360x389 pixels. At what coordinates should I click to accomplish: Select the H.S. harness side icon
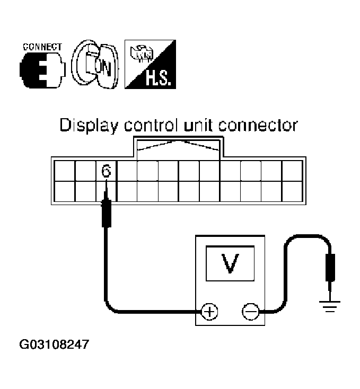coord(148,65)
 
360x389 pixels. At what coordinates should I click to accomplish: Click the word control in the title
coord(149,126)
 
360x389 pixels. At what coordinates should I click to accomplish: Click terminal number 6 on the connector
coord(106,171)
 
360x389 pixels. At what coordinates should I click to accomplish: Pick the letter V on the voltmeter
coord(229,263)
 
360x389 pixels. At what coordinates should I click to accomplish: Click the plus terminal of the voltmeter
coord(210,311)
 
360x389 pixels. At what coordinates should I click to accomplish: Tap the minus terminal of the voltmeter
coord(250,311)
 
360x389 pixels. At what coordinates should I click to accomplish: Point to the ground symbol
coord(330,305)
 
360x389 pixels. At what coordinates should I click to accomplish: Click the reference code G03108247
coord(54,344)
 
